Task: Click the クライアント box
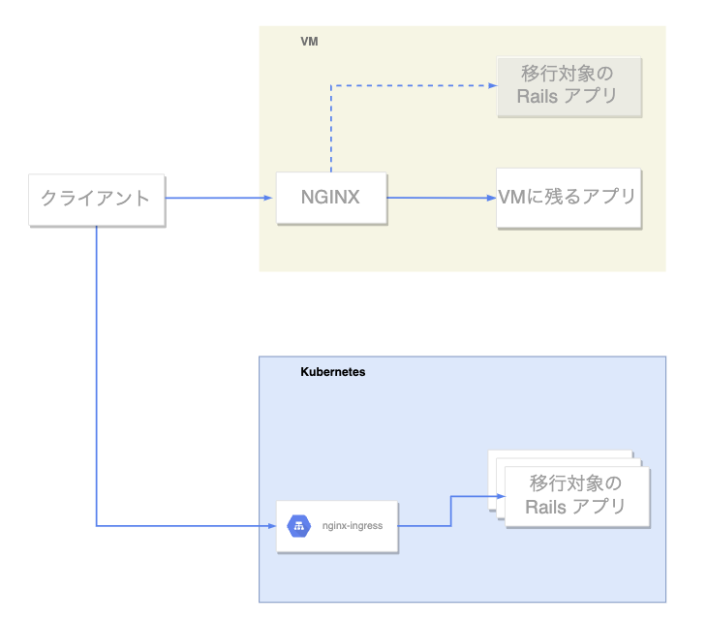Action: click(x=96, y=200)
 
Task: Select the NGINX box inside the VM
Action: click(x=330, y=198)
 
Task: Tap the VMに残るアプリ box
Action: click(x=569, y=198)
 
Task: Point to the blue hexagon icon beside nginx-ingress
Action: click(x=298, y=526)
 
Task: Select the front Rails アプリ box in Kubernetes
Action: click(x=575, y=495)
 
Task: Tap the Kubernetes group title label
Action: click(x=333, y=372)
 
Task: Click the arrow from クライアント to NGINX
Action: click(x=218, y=199)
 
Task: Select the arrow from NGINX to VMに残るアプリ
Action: click(x=441, y=199)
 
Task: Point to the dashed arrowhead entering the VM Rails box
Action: click(x=491, y=85)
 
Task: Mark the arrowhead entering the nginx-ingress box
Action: click(x=271, y=526)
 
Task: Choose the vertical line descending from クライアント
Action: click(x=97, y=378)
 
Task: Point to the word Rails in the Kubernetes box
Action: click(x=544, y=507)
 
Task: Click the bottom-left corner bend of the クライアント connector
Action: click(x=97, y=526)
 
